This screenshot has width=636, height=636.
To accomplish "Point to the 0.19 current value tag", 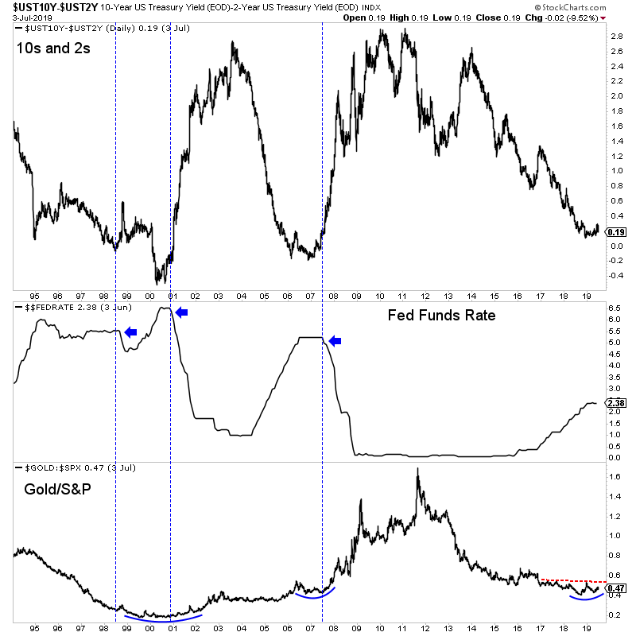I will point(615,231).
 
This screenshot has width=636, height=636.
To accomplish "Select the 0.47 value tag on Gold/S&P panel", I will point(615,588).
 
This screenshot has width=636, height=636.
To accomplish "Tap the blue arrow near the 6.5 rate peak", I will point(181,312).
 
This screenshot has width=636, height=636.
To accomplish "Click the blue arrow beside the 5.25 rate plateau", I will point(335,341).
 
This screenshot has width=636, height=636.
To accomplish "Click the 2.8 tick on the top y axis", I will point(615,37).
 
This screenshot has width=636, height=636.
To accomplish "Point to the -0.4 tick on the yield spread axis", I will point(615,275).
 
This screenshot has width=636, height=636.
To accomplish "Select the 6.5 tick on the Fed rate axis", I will point(615,308).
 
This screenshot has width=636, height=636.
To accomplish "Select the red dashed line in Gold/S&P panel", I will point(572,581).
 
